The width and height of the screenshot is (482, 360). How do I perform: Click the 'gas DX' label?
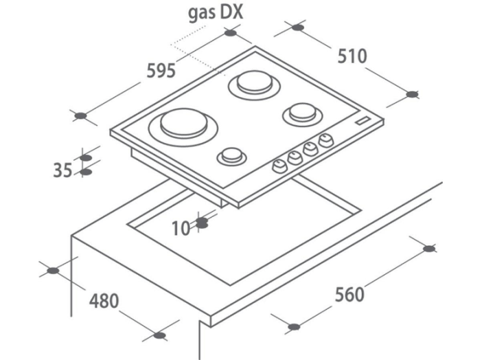[x=216, y=14]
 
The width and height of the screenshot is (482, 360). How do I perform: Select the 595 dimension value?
[x=161, y=71]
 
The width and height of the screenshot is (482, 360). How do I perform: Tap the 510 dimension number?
[x=352, y=56]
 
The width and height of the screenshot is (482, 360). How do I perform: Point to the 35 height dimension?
[x=62, y=170]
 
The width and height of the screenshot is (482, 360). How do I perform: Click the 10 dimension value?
[x=181, y=228]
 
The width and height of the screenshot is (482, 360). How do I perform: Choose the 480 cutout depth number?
[x=104, y=301]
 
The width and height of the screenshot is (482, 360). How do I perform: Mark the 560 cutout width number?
[x=349, y=294]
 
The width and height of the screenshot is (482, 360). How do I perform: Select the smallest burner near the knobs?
[x=232, y=156]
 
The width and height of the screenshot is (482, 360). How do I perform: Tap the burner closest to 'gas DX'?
[x=255, y=85]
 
